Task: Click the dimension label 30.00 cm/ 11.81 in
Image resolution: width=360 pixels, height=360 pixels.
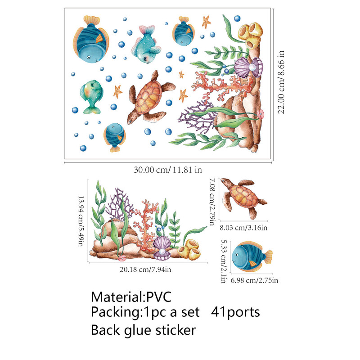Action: coord(167,170)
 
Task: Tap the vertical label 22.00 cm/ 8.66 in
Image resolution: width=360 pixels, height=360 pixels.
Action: coord(281,84)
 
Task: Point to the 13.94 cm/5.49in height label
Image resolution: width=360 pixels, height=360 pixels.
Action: coord(81,220)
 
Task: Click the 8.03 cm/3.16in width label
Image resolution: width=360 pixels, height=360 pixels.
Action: coord(243,228)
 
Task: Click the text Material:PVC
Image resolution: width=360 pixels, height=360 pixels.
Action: coord(131,297)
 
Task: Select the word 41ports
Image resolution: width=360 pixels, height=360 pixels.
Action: coord(235,312)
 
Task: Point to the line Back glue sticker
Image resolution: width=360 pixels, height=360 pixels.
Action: coord(143,330)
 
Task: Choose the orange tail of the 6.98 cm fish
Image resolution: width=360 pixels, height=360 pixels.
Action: coord(268,256)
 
